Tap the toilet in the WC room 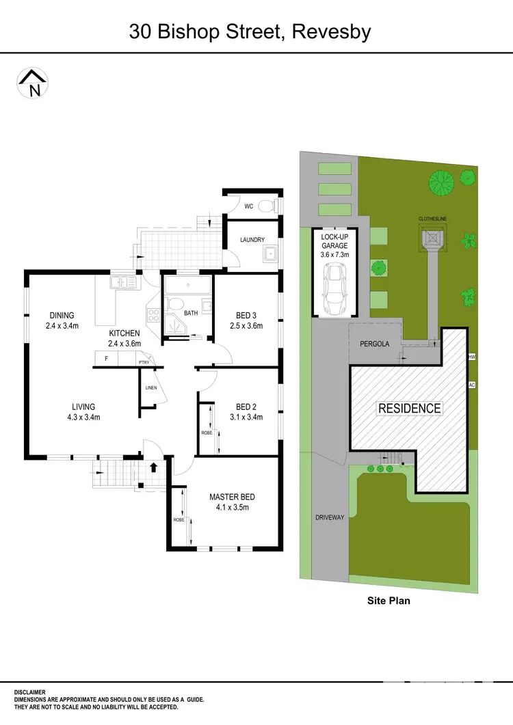click(267, 206)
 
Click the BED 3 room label click(246, 315)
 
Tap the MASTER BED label click(232, 497)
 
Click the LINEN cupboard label click(151, 388)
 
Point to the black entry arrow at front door click(153, 467)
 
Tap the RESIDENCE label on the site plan click(410, 408)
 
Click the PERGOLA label click(374, 344)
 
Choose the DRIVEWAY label click(330, 517)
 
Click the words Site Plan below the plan click(388, 601)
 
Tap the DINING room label click(62, 315)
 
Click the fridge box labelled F click(106, 358)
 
